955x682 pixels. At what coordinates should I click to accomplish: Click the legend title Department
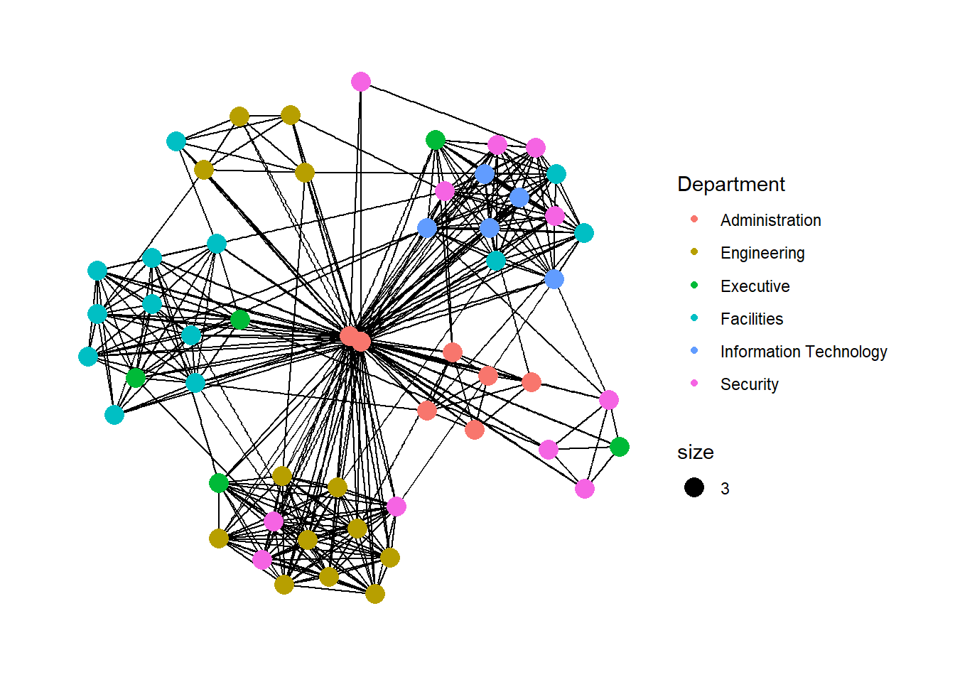[x=730, y=185]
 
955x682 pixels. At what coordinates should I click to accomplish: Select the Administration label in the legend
[x=770, y=220]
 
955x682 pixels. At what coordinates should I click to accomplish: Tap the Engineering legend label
[x=762, y=253]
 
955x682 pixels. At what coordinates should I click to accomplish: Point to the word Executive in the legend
[x=755, y=286]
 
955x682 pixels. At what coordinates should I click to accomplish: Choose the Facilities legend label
[x=752, y=319]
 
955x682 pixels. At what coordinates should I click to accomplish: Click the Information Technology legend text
[x=804, y=352]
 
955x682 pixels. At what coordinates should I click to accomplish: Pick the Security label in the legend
[x=749, y=384]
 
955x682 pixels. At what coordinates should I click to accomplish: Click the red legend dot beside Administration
[x=694, y=219]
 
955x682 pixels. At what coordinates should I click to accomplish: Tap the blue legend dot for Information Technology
[x=694, y=350]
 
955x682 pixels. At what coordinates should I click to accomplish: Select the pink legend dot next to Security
[x=694, y=383]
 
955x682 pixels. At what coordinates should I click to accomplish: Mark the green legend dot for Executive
[x=694, y=285]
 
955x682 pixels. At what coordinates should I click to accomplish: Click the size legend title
[x=696, y=453]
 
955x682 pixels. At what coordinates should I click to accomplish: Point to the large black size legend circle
[x=694, y=487]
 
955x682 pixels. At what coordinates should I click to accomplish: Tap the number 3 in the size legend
[x=725, y=489]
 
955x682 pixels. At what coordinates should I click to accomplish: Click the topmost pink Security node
[x=361, y=82]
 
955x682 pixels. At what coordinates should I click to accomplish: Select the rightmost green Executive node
[x=620, y=447]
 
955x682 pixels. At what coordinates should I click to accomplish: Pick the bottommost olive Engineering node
[x=375, y=594]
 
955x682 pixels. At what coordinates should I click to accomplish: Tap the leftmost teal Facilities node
[x=88, y=357]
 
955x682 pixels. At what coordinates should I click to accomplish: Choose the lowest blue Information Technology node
[x=554, y=279]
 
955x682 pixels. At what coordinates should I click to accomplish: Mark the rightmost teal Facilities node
[x=584, y=233]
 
